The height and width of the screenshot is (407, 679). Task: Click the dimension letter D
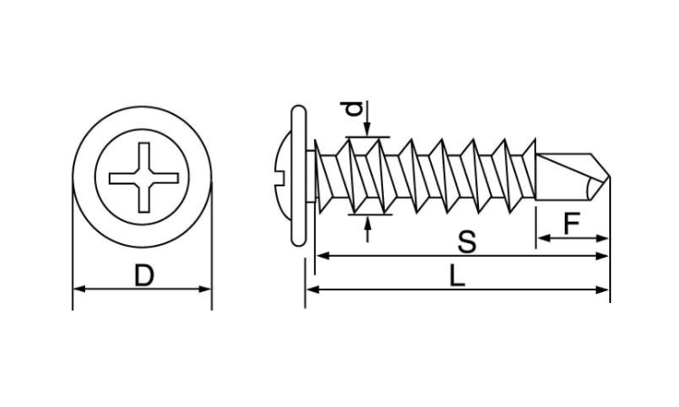[144, 276]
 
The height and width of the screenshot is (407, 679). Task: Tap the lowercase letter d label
[355, 109]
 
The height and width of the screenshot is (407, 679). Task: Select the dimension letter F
[571, 223]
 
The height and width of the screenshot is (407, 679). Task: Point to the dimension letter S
[467, 241]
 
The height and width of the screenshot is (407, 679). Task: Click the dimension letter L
[457, 276]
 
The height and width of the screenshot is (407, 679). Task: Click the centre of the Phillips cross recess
[144, 178]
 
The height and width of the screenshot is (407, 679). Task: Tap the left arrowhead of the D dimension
[79, 289]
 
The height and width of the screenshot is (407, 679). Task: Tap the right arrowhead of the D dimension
[206, 289]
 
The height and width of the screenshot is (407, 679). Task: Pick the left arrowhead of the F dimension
[543, 238]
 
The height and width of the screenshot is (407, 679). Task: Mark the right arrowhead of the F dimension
[603, 238]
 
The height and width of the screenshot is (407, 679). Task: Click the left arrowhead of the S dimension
[322, 256]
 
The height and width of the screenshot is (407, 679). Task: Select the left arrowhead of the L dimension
[312, 289]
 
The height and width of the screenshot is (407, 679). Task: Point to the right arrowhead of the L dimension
[603, 289]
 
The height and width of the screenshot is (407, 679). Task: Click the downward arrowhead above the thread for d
[368, 130]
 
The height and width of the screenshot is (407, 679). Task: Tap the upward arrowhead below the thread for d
[368, 222]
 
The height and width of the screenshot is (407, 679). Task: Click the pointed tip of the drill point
[609, 177]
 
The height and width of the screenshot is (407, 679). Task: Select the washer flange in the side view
[299, 175]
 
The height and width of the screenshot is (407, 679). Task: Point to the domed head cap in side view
[282, 176]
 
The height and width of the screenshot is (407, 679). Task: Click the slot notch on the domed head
[279, 176]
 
